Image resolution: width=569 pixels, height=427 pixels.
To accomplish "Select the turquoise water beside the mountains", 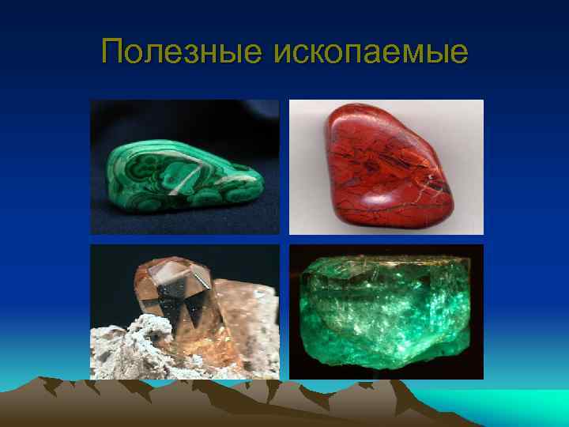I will tap(514, 403).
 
